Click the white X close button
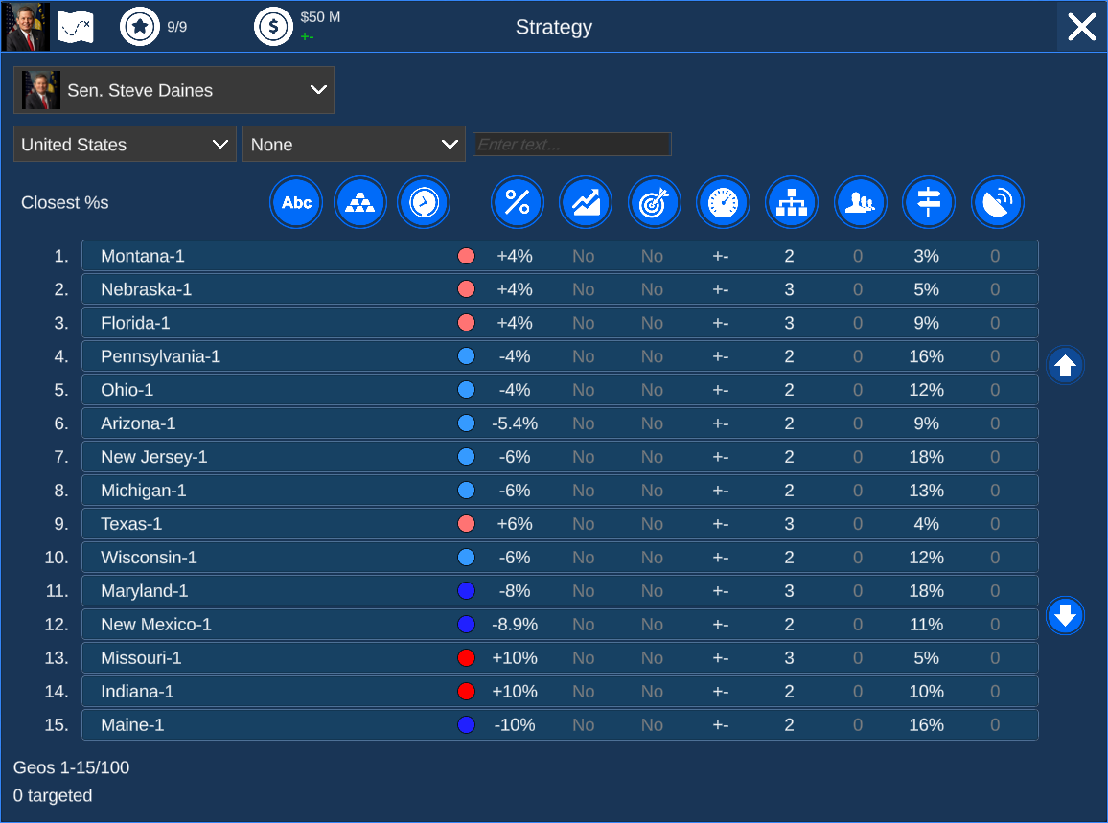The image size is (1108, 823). point(1081,27)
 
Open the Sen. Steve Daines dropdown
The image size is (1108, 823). point(173,90)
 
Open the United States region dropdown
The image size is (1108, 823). point(125,144)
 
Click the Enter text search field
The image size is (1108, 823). point(571,145)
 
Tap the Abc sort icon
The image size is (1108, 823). point(296,202)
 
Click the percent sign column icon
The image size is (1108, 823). point(518,202)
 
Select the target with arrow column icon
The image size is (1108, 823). point(655,202)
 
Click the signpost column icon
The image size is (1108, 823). point(928,202)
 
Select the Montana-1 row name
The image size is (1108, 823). point(143,256)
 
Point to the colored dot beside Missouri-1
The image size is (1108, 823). point(467,658)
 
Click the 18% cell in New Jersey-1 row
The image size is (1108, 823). point(926,457)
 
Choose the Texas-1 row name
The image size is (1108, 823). point(131,524)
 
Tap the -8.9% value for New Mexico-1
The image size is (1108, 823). point(515,625)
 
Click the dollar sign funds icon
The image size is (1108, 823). point(273,27)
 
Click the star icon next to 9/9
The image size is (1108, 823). point(140,27)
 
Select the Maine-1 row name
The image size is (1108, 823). point(132,725)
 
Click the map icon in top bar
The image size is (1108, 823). point(75,27)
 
